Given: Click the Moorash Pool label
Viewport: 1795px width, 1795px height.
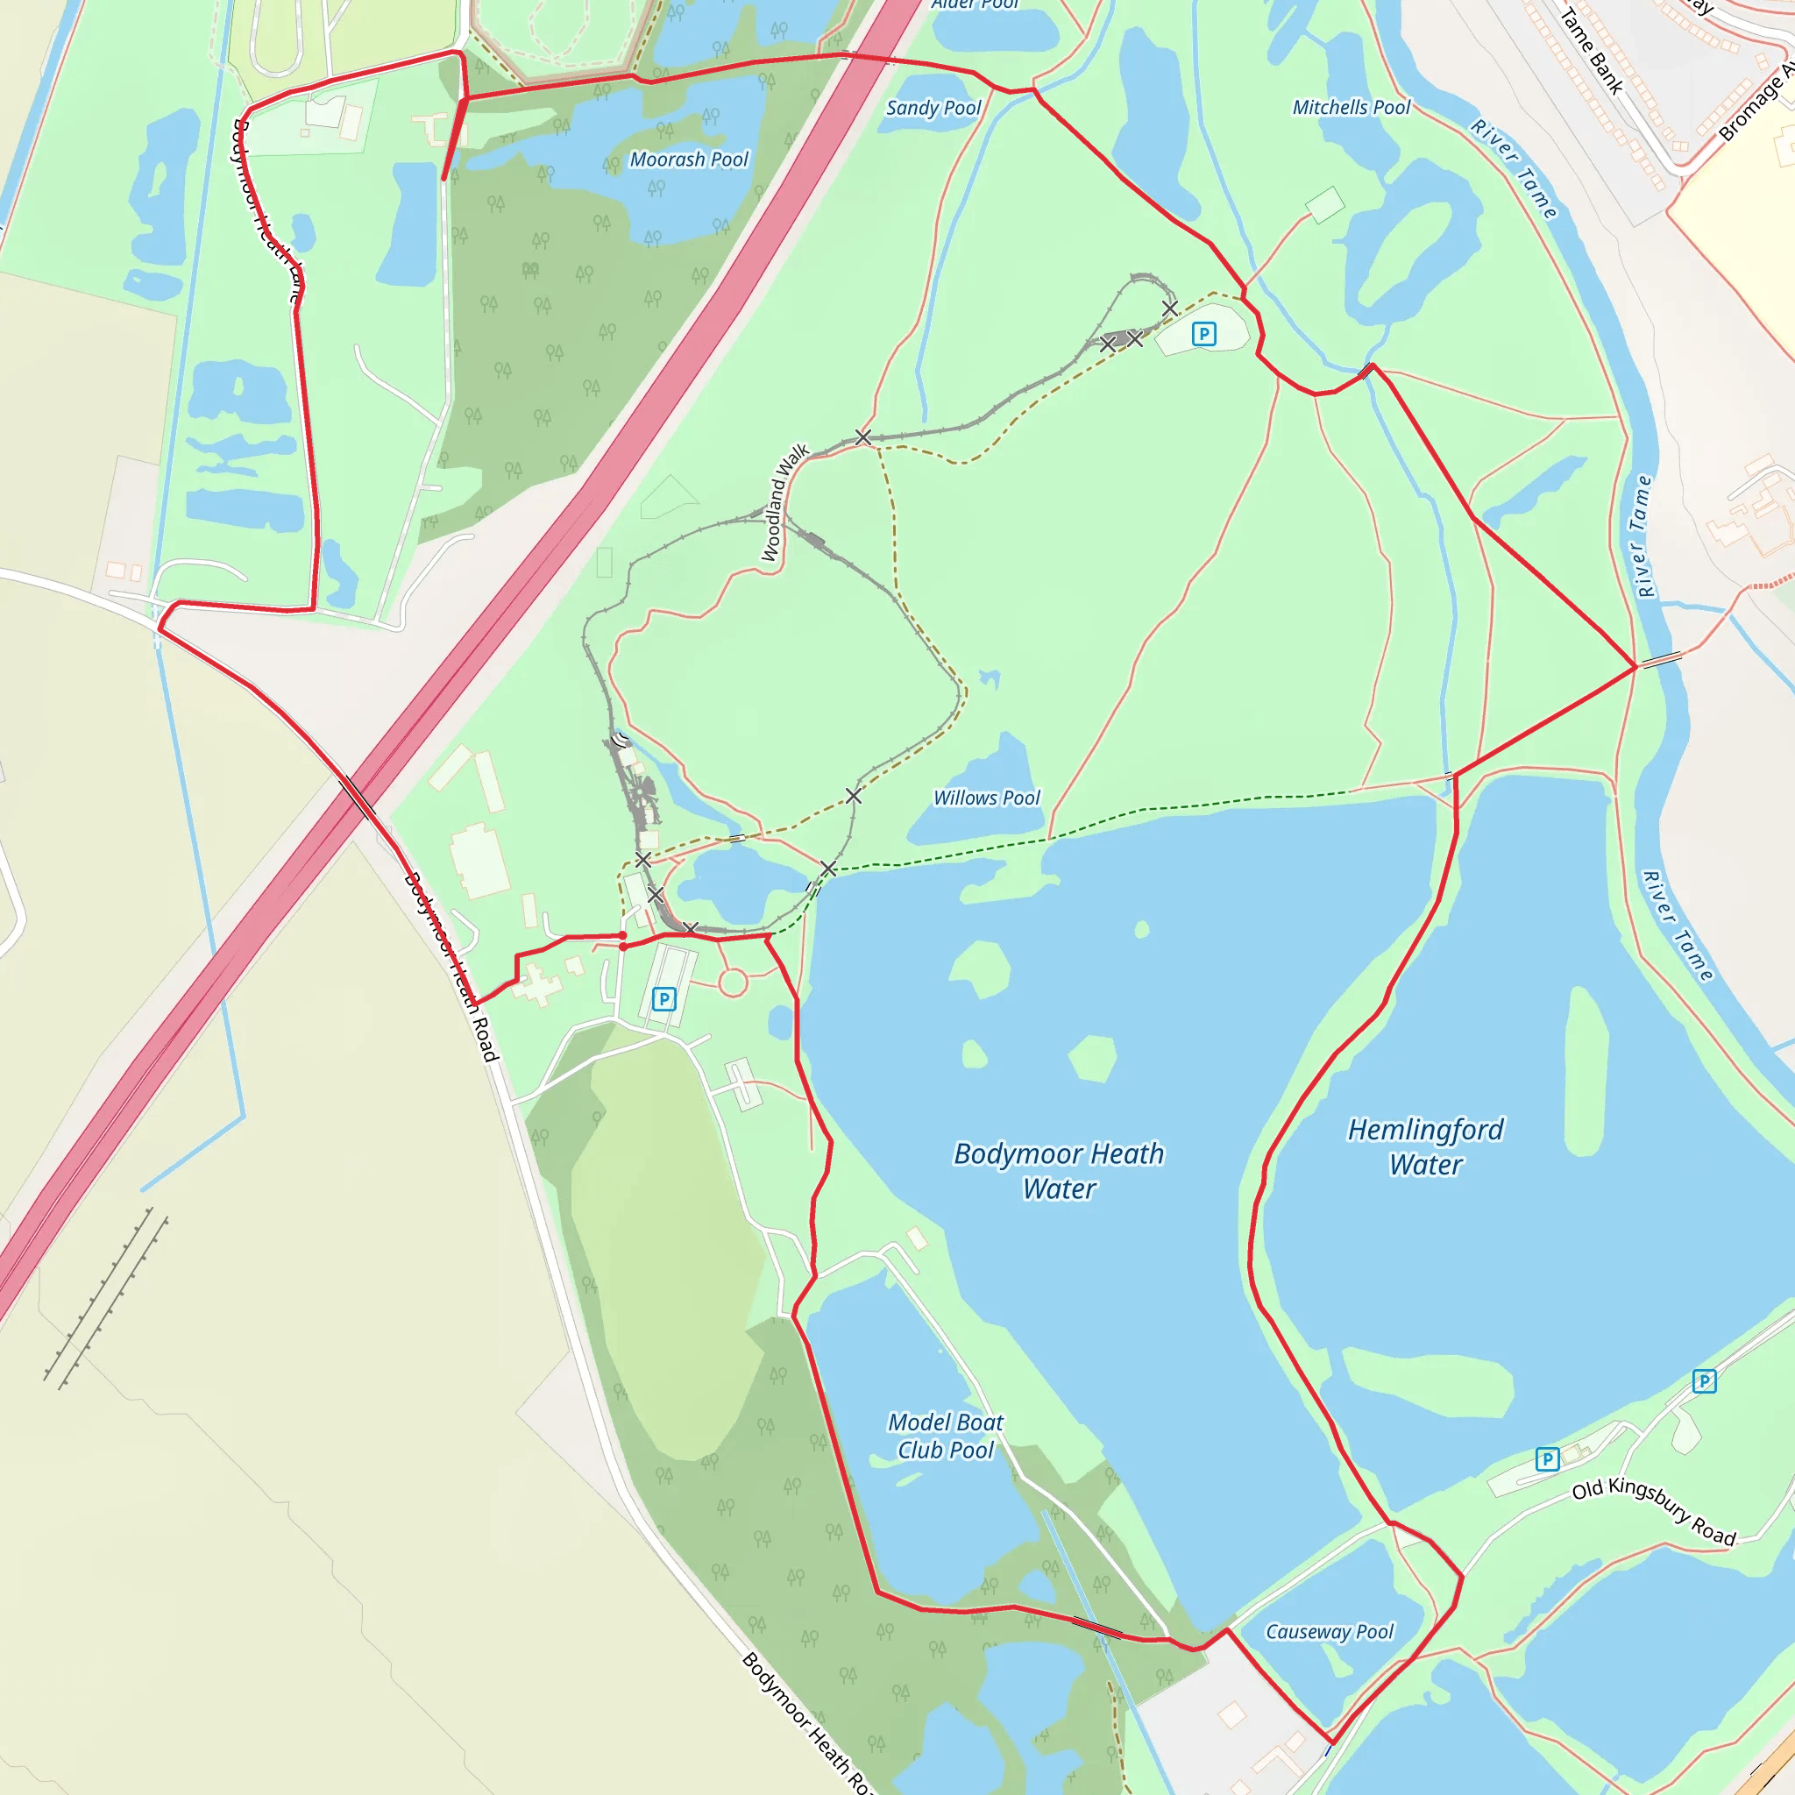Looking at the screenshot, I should (x=688, y=160).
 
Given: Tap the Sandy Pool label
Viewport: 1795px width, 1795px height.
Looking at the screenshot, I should (x=933, y=108).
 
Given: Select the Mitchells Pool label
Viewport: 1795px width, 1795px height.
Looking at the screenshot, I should (x=1351, y=108).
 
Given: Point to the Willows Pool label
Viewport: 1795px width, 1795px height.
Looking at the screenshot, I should (x=987, y=798).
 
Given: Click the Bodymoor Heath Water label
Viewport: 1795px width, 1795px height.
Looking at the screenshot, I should (x=1059, y=1171).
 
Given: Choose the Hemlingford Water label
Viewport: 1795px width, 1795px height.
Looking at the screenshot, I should (x=1425, y=1146).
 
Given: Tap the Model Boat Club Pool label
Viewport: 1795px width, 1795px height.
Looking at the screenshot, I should (x=945, y=1436).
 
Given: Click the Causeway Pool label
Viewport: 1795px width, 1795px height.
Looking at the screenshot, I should (x=1330, y=1631).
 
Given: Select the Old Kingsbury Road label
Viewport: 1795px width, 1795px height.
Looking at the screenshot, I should (x=1654, y=1513).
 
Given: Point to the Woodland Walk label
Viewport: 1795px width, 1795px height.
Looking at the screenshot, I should (x=784, y=502).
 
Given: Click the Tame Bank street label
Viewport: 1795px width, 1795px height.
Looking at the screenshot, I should (x=1591, y=51).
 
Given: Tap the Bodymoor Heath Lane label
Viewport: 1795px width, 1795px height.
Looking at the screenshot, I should (x=267, y=210).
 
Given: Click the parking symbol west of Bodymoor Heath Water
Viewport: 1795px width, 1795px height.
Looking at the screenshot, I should (x=663, y=999).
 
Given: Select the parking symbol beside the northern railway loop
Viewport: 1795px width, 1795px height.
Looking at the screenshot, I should (x=1203, y=334).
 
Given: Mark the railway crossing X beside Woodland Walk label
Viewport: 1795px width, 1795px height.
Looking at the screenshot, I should (x=863, y=436).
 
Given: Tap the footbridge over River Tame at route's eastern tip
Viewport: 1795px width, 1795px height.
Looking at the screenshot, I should (x=1660, y=660).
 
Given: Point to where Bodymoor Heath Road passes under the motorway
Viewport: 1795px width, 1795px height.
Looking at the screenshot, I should (x=358, y=798).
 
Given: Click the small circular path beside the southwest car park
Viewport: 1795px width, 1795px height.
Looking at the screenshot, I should (x=733, y=982).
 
